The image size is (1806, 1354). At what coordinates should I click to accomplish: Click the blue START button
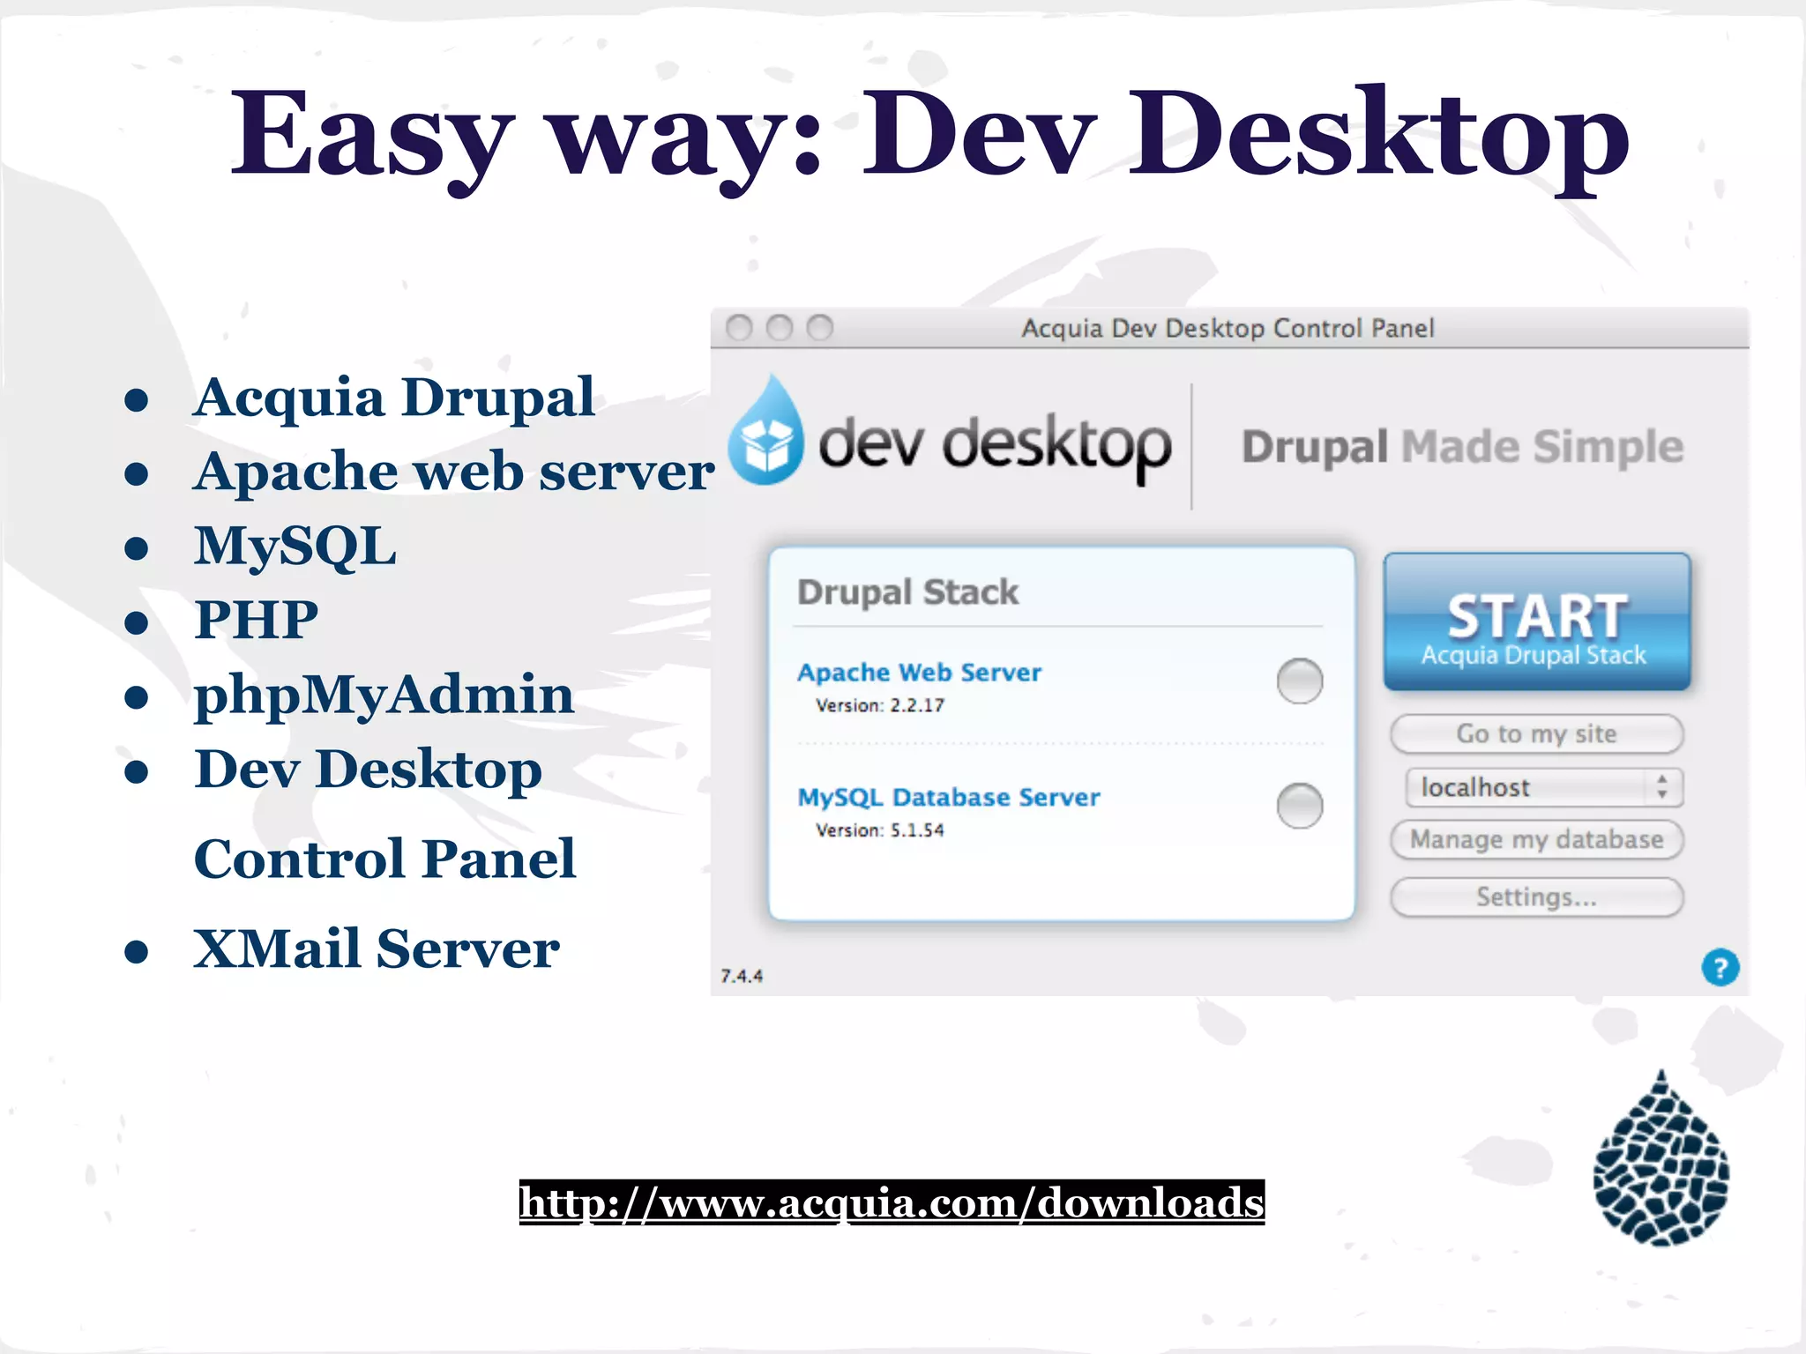pos(1536,622)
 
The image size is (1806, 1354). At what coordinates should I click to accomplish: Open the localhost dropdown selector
pos(1543,787)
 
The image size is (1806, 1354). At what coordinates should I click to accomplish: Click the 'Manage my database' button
pos(1536,839)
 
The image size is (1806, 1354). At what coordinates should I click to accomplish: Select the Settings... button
pos(1536,897)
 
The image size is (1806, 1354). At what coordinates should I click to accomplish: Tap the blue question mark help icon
pos(1720,967)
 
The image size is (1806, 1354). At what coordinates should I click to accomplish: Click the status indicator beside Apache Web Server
pos(1299,681)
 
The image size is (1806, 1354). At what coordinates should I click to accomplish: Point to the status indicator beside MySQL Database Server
pos(1299,806)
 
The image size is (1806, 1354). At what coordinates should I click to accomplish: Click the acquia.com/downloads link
pos(892,1202)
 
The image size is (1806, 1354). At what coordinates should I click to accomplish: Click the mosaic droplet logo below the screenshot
pos(1660,1161)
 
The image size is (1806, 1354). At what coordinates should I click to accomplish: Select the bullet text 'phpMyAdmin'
pos(384,695)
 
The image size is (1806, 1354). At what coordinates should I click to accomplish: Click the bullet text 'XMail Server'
pos(377,949)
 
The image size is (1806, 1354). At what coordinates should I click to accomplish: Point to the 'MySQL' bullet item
pos(295,546)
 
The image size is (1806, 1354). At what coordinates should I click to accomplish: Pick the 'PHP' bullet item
pos(256,620)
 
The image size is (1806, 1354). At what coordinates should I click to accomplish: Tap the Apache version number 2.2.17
pos(917,705)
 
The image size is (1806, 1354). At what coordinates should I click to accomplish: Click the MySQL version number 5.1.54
pos(917,830)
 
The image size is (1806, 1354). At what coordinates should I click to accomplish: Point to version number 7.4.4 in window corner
pos(742,976)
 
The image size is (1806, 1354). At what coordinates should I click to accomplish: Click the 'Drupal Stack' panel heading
pos(907,592)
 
